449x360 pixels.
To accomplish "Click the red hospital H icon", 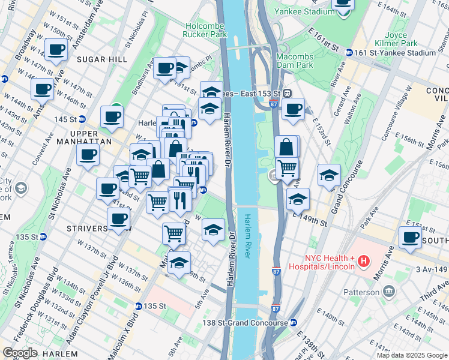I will click(363, 261).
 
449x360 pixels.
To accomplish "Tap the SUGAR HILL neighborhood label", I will click(101, 59).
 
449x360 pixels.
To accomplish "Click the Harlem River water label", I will click(248, 238).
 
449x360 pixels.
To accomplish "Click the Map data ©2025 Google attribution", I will click(412, 355).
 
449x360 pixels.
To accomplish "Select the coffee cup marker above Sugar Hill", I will click(56, 49).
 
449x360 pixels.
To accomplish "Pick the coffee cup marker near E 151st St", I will click(411, 238).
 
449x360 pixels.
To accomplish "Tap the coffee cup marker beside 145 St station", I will click(112, 116).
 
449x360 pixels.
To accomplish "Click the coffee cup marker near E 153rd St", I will click(292, 109).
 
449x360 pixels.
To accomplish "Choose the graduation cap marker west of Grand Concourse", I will click(329, 175).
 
